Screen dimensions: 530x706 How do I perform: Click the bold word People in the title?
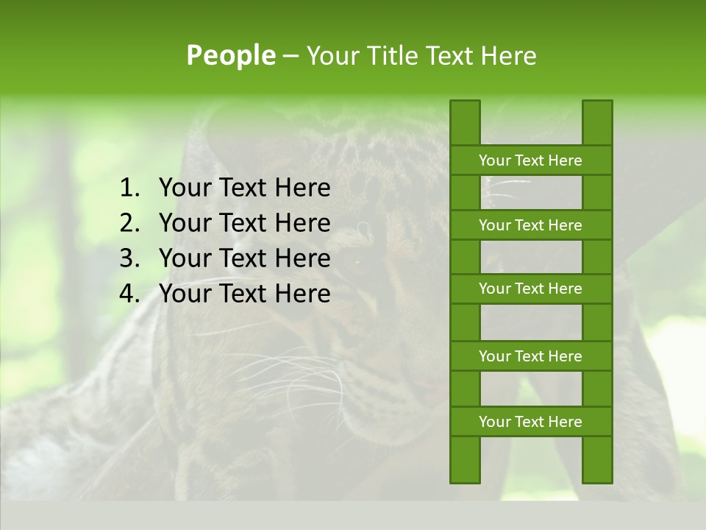230,56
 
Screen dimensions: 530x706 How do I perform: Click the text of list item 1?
244,188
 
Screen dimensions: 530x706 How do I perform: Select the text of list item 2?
244,223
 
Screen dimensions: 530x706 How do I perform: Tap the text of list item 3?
244,258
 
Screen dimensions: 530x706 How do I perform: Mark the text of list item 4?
244,294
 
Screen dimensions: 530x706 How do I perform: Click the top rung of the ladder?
530,160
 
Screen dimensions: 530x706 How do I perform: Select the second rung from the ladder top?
530,225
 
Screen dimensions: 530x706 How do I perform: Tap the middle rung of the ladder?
530,289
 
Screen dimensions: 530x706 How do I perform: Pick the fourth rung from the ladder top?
530,356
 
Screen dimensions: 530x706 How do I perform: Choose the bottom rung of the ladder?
530,422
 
